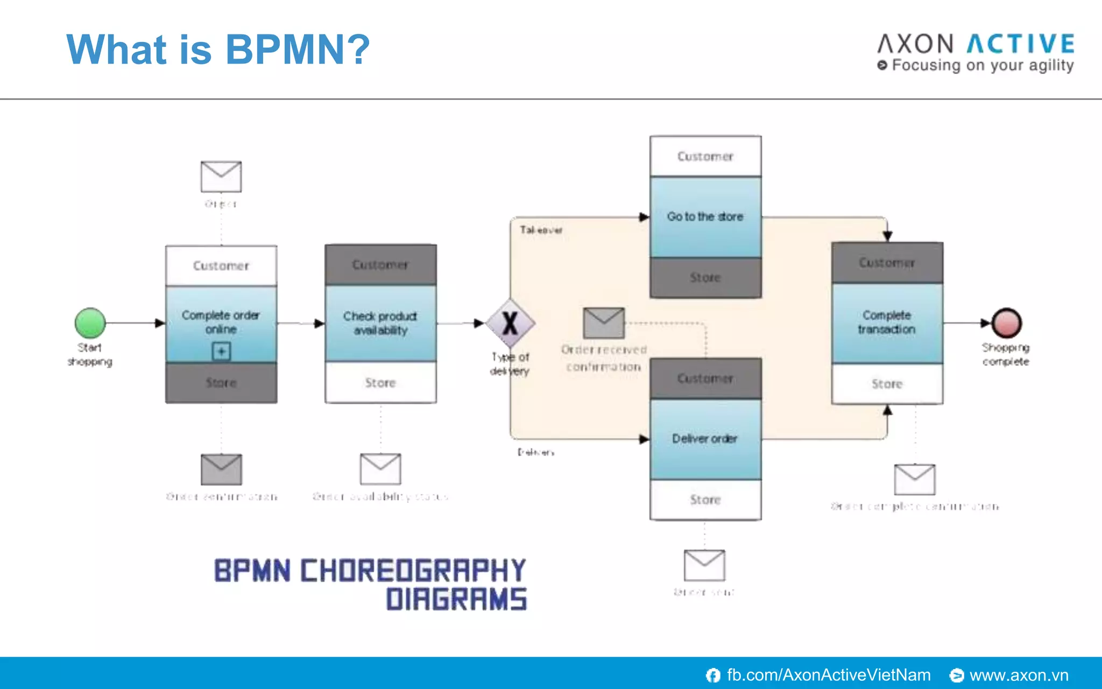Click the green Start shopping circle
click(x=90, y=323)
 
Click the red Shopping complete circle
click(x=1006, y=323)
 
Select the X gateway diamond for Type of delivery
click(x=510, y=324)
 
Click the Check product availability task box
click(x=380, y=323)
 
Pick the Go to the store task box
click(x=705, y=216)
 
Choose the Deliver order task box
click(x=705, y=439)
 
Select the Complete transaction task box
click(x=887, y=322)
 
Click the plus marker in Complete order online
click(x=221, y=351)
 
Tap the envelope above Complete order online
click(x=221, y=177)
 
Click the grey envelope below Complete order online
click(x=221, y=469)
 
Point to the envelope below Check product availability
click(x=380, y=469)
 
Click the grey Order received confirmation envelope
click(x=604, y=323)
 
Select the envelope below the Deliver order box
click(x=704, y=565)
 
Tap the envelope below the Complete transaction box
click(x=914, y=479)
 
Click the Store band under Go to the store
click(x=705, y=278)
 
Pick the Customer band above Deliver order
click(x=705, y=378)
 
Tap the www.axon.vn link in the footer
click(x=1019, y=675)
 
